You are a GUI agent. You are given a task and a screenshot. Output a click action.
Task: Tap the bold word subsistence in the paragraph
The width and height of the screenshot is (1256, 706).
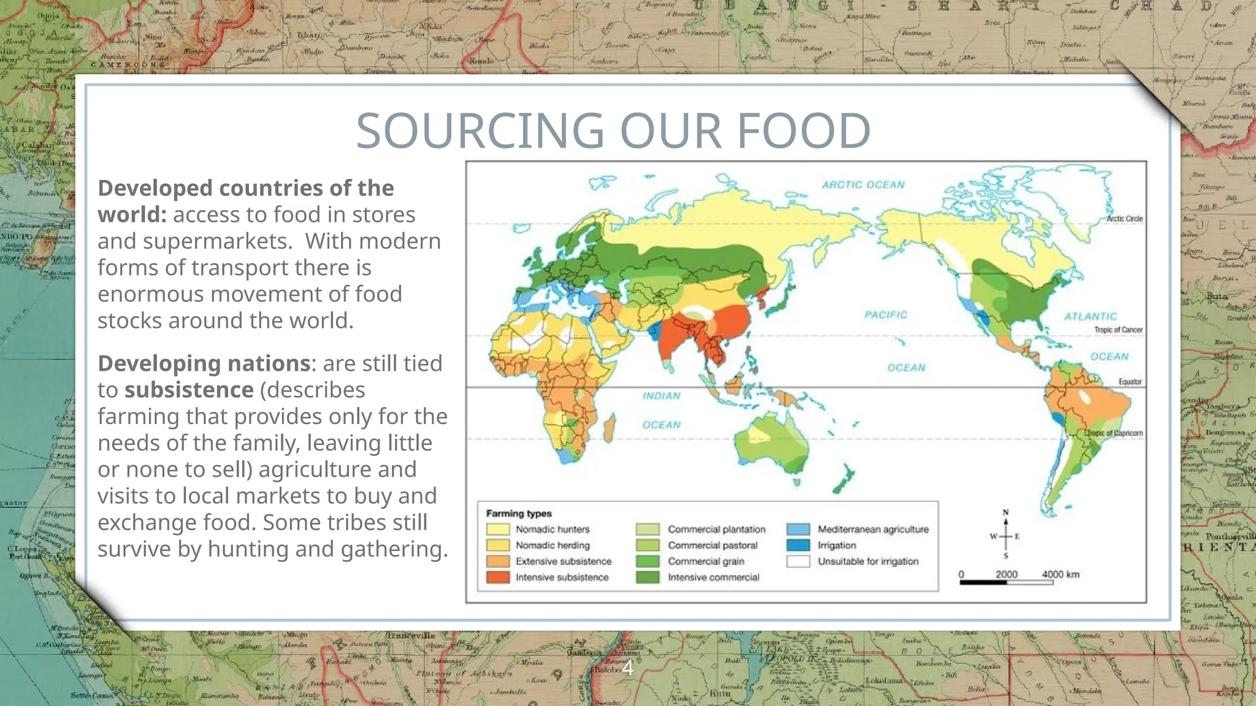click(x=189, y=390)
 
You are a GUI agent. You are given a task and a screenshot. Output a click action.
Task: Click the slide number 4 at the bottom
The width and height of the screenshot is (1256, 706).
click(x=628, y=667)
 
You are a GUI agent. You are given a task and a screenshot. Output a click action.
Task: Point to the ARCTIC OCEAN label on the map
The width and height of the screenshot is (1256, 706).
click(x=863, y=184)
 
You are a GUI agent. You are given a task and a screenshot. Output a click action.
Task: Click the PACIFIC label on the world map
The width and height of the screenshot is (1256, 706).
click(x=886, y=314)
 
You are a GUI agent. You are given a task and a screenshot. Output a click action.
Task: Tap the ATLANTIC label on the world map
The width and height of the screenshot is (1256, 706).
click(x=1090, y=316)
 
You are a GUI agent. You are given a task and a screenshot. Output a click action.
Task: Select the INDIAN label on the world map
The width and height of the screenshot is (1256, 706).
click(x=661, y=396)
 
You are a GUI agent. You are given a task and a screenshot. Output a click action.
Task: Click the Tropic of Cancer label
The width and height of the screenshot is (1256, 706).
click(x=1118, y=330)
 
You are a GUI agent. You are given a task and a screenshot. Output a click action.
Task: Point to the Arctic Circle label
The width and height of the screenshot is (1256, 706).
click(x=1125, y=219)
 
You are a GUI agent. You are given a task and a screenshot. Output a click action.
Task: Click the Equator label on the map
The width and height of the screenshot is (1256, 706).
click(x=1130, y=382)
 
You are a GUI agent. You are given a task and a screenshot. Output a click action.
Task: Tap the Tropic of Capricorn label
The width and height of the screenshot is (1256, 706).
click(x=1115, y=433)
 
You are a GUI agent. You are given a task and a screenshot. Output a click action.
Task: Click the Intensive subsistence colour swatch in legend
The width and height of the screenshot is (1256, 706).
click(x=498, y=577)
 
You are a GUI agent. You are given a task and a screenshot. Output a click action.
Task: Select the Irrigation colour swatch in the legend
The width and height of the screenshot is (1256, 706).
click(x=798, y=545)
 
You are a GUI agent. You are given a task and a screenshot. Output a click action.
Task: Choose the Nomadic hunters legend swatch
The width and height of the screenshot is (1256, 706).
click(x=498, y=529)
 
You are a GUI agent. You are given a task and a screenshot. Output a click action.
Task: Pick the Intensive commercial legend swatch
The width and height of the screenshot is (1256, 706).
click(x=648, y=577)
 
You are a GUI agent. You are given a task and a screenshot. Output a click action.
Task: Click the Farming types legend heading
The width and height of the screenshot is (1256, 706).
click(x=519, y=514)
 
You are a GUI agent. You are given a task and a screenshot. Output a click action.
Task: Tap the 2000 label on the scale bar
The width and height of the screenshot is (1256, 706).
click(x=1006, y=574)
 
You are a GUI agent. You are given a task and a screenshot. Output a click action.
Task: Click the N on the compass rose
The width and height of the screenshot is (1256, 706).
click(x=1006, y=512)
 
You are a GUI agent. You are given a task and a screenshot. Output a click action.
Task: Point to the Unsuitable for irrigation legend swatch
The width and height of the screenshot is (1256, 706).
click(x=798, y=561)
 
